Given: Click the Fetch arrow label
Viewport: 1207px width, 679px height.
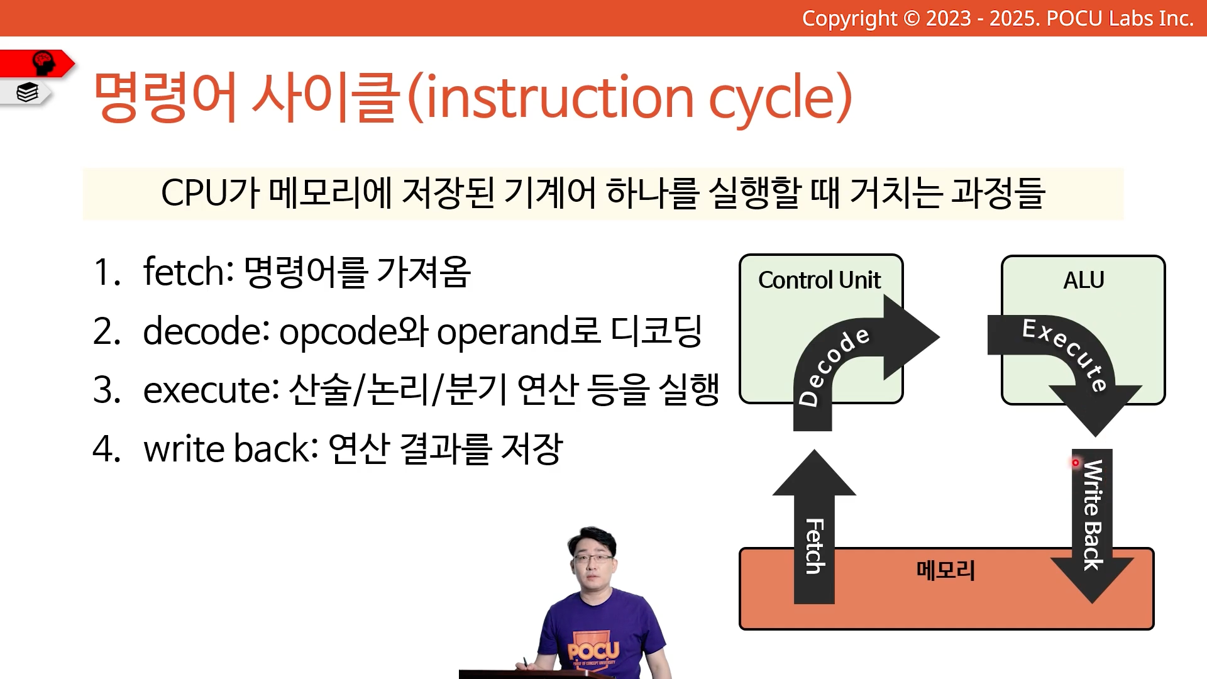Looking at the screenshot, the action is point(815,546).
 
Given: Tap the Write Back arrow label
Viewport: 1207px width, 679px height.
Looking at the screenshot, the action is point(1093,515).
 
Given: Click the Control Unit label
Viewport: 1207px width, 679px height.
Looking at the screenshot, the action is point(819,280).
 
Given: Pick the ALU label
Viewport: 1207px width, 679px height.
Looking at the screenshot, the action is point(1083,280).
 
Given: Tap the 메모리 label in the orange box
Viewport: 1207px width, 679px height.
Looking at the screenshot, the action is point(945,570).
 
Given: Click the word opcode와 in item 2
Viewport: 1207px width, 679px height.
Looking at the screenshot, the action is point(353,331).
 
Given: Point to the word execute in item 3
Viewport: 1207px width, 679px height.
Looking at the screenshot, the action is point(211,390).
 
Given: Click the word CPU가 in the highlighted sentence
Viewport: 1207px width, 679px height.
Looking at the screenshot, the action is point(210,192).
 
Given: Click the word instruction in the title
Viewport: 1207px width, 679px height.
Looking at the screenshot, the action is point(559,97).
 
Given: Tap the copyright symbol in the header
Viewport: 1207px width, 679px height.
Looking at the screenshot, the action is point(912,19).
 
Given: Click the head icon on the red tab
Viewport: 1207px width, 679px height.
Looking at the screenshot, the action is point(43,63).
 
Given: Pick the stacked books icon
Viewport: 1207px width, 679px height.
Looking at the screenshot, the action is point(28,92).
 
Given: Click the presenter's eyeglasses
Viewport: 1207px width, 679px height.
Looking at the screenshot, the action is point(592,558).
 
